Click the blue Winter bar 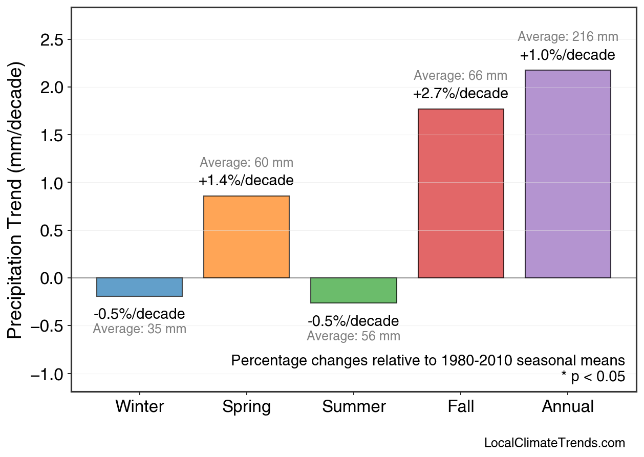click(139, 287)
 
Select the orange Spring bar click(246, 237)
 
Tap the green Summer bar click(353, 290)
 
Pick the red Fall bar click(461, 193)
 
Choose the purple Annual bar click(568, 174)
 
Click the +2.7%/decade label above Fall click(461, 94)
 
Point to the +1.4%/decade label click(246, 181)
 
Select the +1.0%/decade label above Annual click(568, 55)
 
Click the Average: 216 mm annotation click(568, 37)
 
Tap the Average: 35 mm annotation click(139, 330)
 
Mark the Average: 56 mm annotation click(353, 337)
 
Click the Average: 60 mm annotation click(246, 163)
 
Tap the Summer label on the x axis click(353, 407)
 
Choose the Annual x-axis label click(568, 407)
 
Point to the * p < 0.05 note click(593, 377)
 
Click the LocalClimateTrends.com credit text click(554, 443)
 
